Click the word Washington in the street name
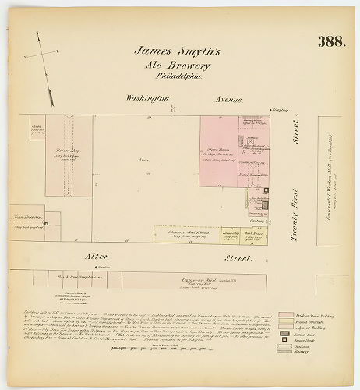click(148, 99)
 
